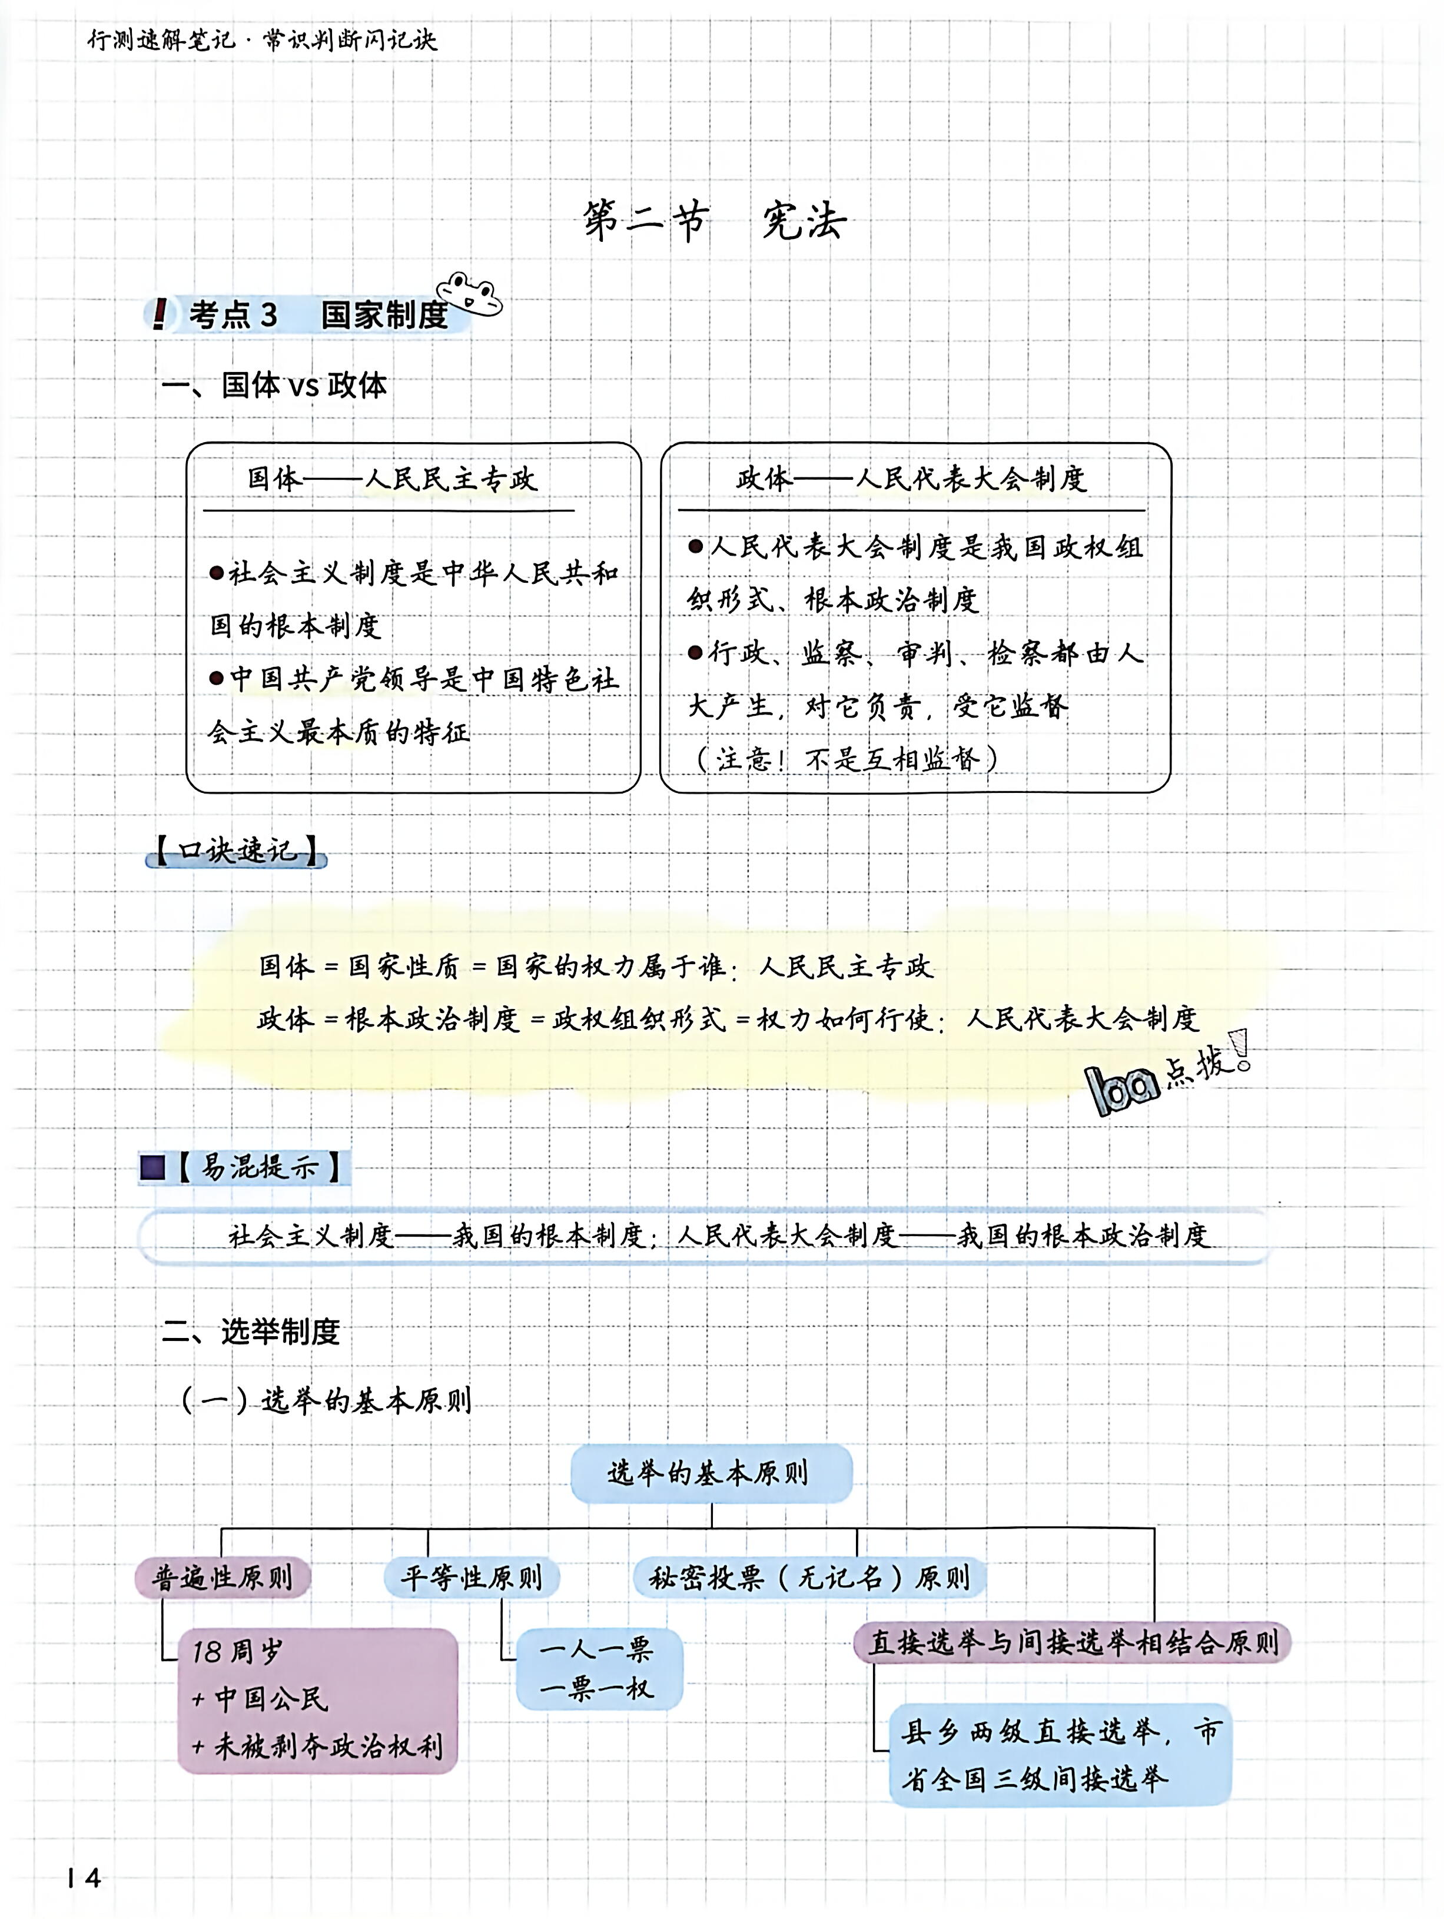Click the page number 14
(84, 1877)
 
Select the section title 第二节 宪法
(713, 221)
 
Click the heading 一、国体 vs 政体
(274, 384)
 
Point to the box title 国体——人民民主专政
(392, 478)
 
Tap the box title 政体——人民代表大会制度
(911, 478)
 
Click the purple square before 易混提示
(152, 1167)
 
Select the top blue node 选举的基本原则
(711, 1473)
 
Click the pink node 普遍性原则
(222, 1577)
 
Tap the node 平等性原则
(471, 1577)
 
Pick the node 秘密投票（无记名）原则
(809, 1577)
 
